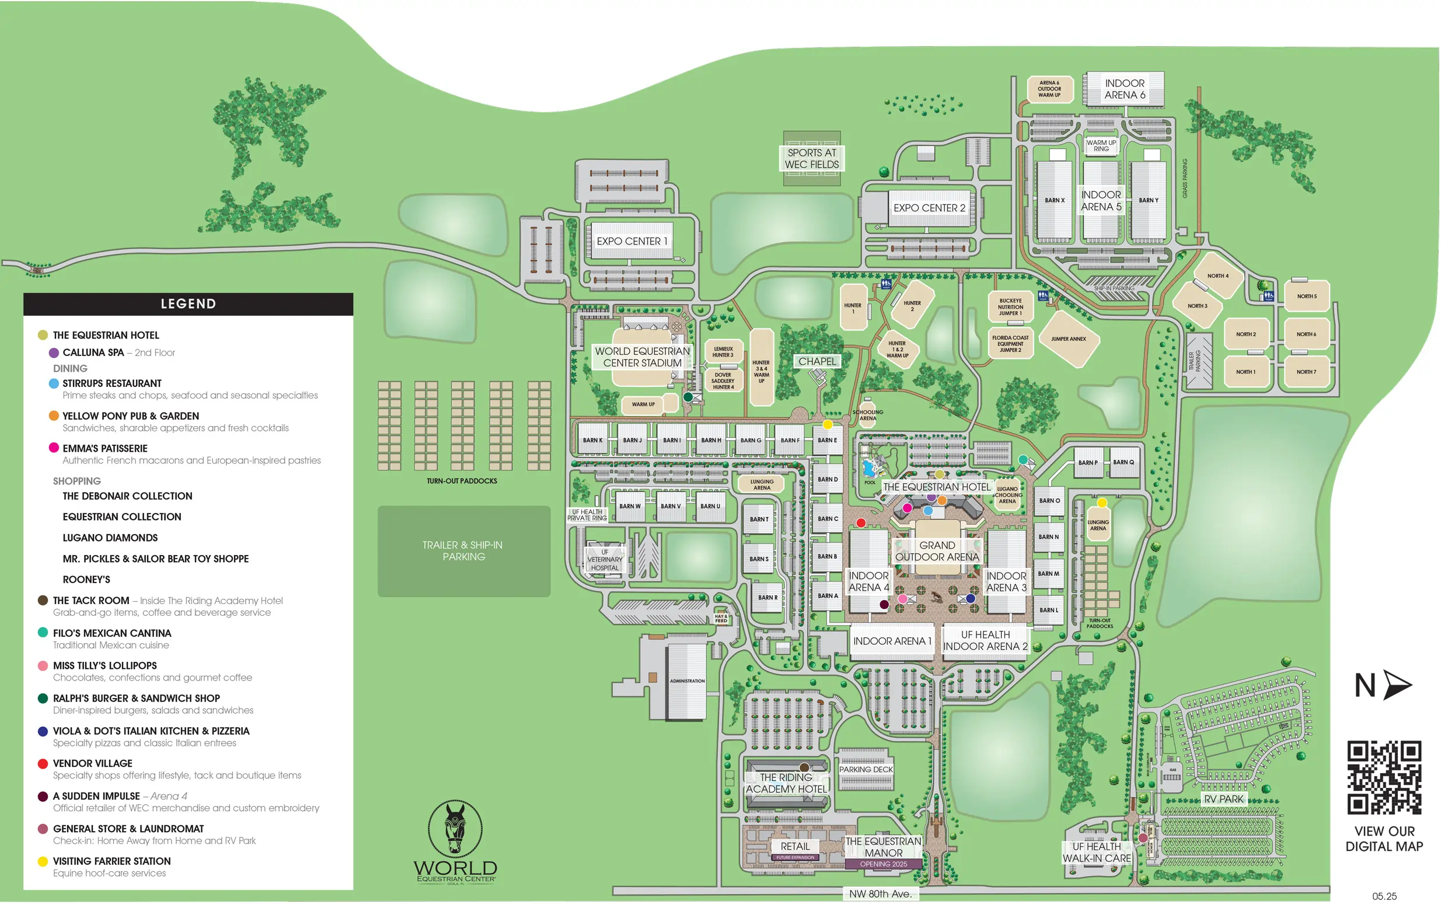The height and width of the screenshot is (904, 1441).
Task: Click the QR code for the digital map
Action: (1384, 777)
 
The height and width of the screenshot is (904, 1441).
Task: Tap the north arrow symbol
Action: (1397, 685)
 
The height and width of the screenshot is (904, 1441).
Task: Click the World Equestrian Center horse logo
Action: (455, 829)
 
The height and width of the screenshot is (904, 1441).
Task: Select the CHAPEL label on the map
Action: (817, 362)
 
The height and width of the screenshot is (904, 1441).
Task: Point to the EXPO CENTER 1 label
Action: (631, 241)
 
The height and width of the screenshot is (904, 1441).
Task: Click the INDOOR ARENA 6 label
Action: (1124, 89)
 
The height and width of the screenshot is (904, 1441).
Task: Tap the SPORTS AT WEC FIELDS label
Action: (811, 158)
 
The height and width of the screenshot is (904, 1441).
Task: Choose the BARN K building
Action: (592, 440)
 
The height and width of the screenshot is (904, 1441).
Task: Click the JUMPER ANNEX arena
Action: (1068, 339)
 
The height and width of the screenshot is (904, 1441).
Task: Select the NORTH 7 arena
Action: (1306, 372)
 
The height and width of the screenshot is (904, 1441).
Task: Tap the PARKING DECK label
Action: (865, 769)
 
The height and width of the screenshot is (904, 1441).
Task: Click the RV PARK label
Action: (1223, 799)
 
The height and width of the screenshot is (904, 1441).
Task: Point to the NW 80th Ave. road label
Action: (880, 894)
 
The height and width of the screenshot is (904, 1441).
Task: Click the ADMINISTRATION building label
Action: (687, 681)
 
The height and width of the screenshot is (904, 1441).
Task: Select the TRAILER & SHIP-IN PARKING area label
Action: (463, 551)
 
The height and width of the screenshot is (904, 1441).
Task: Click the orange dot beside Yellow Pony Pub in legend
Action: (54, 416)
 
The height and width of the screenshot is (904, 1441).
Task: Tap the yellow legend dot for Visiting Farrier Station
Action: (43, 861)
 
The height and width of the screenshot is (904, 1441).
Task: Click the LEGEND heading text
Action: (189, 303)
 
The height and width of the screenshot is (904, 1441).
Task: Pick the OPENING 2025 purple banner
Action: (883, 864)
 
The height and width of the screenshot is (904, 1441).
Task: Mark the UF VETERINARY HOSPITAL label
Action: (605, 560)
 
